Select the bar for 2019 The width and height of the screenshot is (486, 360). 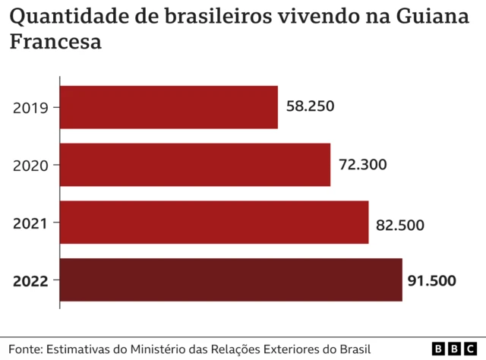click(x=169, y=107)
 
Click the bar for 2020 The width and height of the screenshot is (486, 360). click(x=195, y=165)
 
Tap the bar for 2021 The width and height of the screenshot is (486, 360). click(x=214, y=223)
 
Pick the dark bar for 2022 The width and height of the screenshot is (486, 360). click(x=231, y=280)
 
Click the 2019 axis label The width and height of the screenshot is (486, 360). click(x=31, y=108)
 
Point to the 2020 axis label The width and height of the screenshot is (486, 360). click(x=31, y=166)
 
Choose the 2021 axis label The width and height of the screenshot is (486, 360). click(x=31, y=223)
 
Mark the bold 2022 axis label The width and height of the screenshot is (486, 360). click(x=31, y=281)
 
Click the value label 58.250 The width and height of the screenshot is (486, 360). click(x=311, y=106)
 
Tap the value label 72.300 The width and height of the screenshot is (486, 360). click(x=363, y=165)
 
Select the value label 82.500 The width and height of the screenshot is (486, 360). click(x=400, y=225)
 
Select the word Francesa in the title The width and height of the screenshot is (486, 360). click(x=55, y=43)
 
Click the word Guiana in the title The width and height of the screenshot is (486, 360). click(x=438, y=16)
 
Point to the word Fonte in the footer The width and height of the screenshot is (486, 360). click(x=25, y=349)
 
